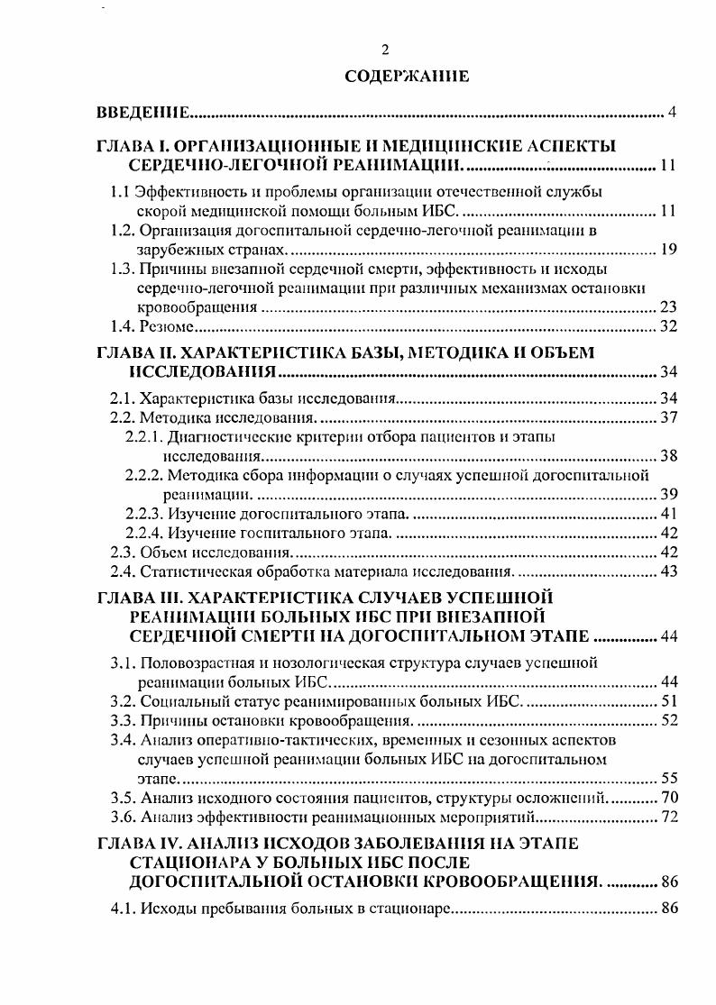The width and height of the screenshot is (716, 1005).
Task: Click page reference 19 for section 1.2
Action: tap(668, 250)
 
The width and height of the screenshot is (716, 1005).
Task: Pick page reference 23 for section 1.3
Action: tap(668, 307)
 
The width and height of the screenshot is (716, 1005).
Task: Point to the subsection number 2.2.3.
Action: tap(144, 513)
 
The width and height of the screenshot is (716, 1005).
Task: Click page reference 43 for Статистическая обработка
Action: tap(668, 571)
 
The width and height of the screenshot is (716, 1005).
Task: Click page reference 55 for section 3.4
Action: tap(668, 777)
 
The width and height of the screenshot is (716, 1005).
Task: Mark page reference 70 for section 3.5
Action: tap(668, 797)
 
